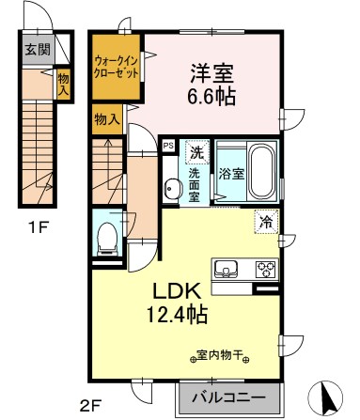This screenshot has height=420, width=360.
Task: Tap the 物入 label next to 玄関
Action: pyautogui.click(x=63, y=83)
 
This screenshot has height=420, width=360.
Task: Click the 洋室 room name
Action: pyautogui.click(x=211, y=72)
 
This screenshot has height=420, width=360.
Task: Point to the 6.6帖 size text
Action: pyautogui.click(x=211, y=95)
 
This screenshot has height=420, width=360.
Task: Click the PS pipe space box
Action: pyautogui.click(x=168, y=146)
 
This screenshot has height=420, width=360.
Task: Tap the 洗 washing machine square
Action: pyautogui.click(x=196, y=151)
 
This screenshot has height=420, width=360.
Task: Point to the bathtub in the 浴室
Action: pyautogui.click(x=258, y=169)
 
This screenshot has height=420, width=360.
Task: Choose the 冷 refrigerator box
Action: pyautogui.click(x=267, y=223)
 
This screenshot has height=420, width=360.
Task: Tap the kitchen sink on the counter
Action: pyautogui.click(x=227, y=270)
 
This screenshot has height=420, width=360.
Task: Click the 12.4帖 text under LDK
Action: pyautogui.click(x=176, y=313)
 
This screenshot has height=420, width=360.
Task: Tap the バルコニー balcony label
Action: pyautogui.click(x=228, y=396)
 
